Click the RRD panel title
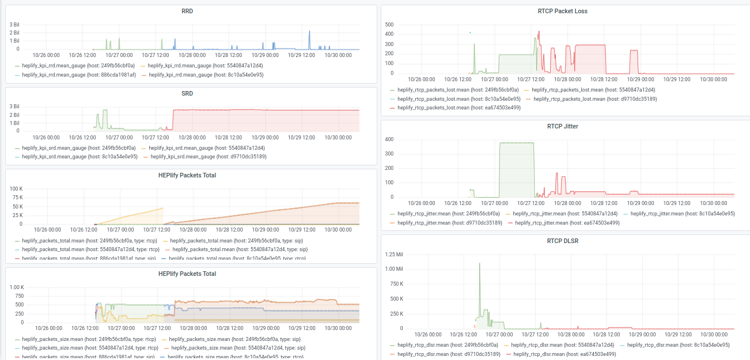click(187, 11)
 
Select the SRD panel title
click(187, 93)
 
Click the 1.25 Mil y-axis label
click(395, 254)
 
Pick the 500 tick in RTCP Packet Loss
click(389, 25)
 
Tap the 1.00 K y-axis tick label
click(14, 287)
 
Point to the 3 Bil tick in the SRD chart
click(14, 107)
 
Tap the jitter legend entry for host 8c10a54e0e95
click(683, 213)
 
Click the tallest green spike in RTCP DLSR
click(480, 264)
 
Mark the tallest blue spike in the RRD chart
click(309, 32)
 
